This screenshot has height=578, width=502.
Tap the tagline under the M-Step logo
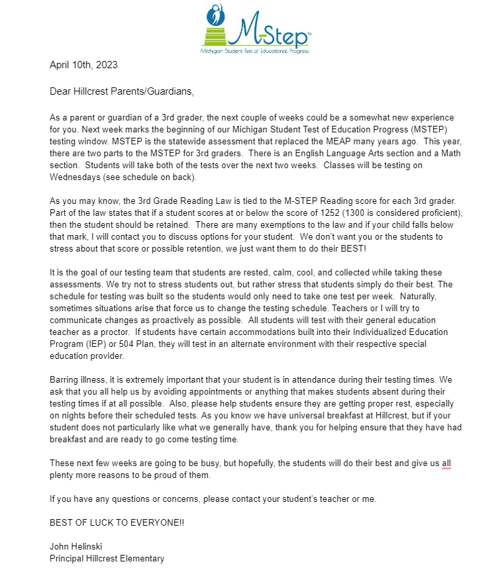(x=255, y=50)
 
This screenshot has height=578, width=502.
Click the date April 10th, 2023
(x=83, y=65)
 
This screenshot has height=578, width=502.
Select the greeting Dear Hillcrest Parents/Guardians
(x=122, y=91)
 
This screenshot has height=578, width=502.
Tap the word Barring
(x=64, y=380)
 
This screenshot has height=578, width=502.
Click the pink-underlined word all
(x=446, y=463)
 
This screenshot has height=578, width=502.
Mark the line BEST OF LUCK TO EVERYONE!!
(x=117, y=522)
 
